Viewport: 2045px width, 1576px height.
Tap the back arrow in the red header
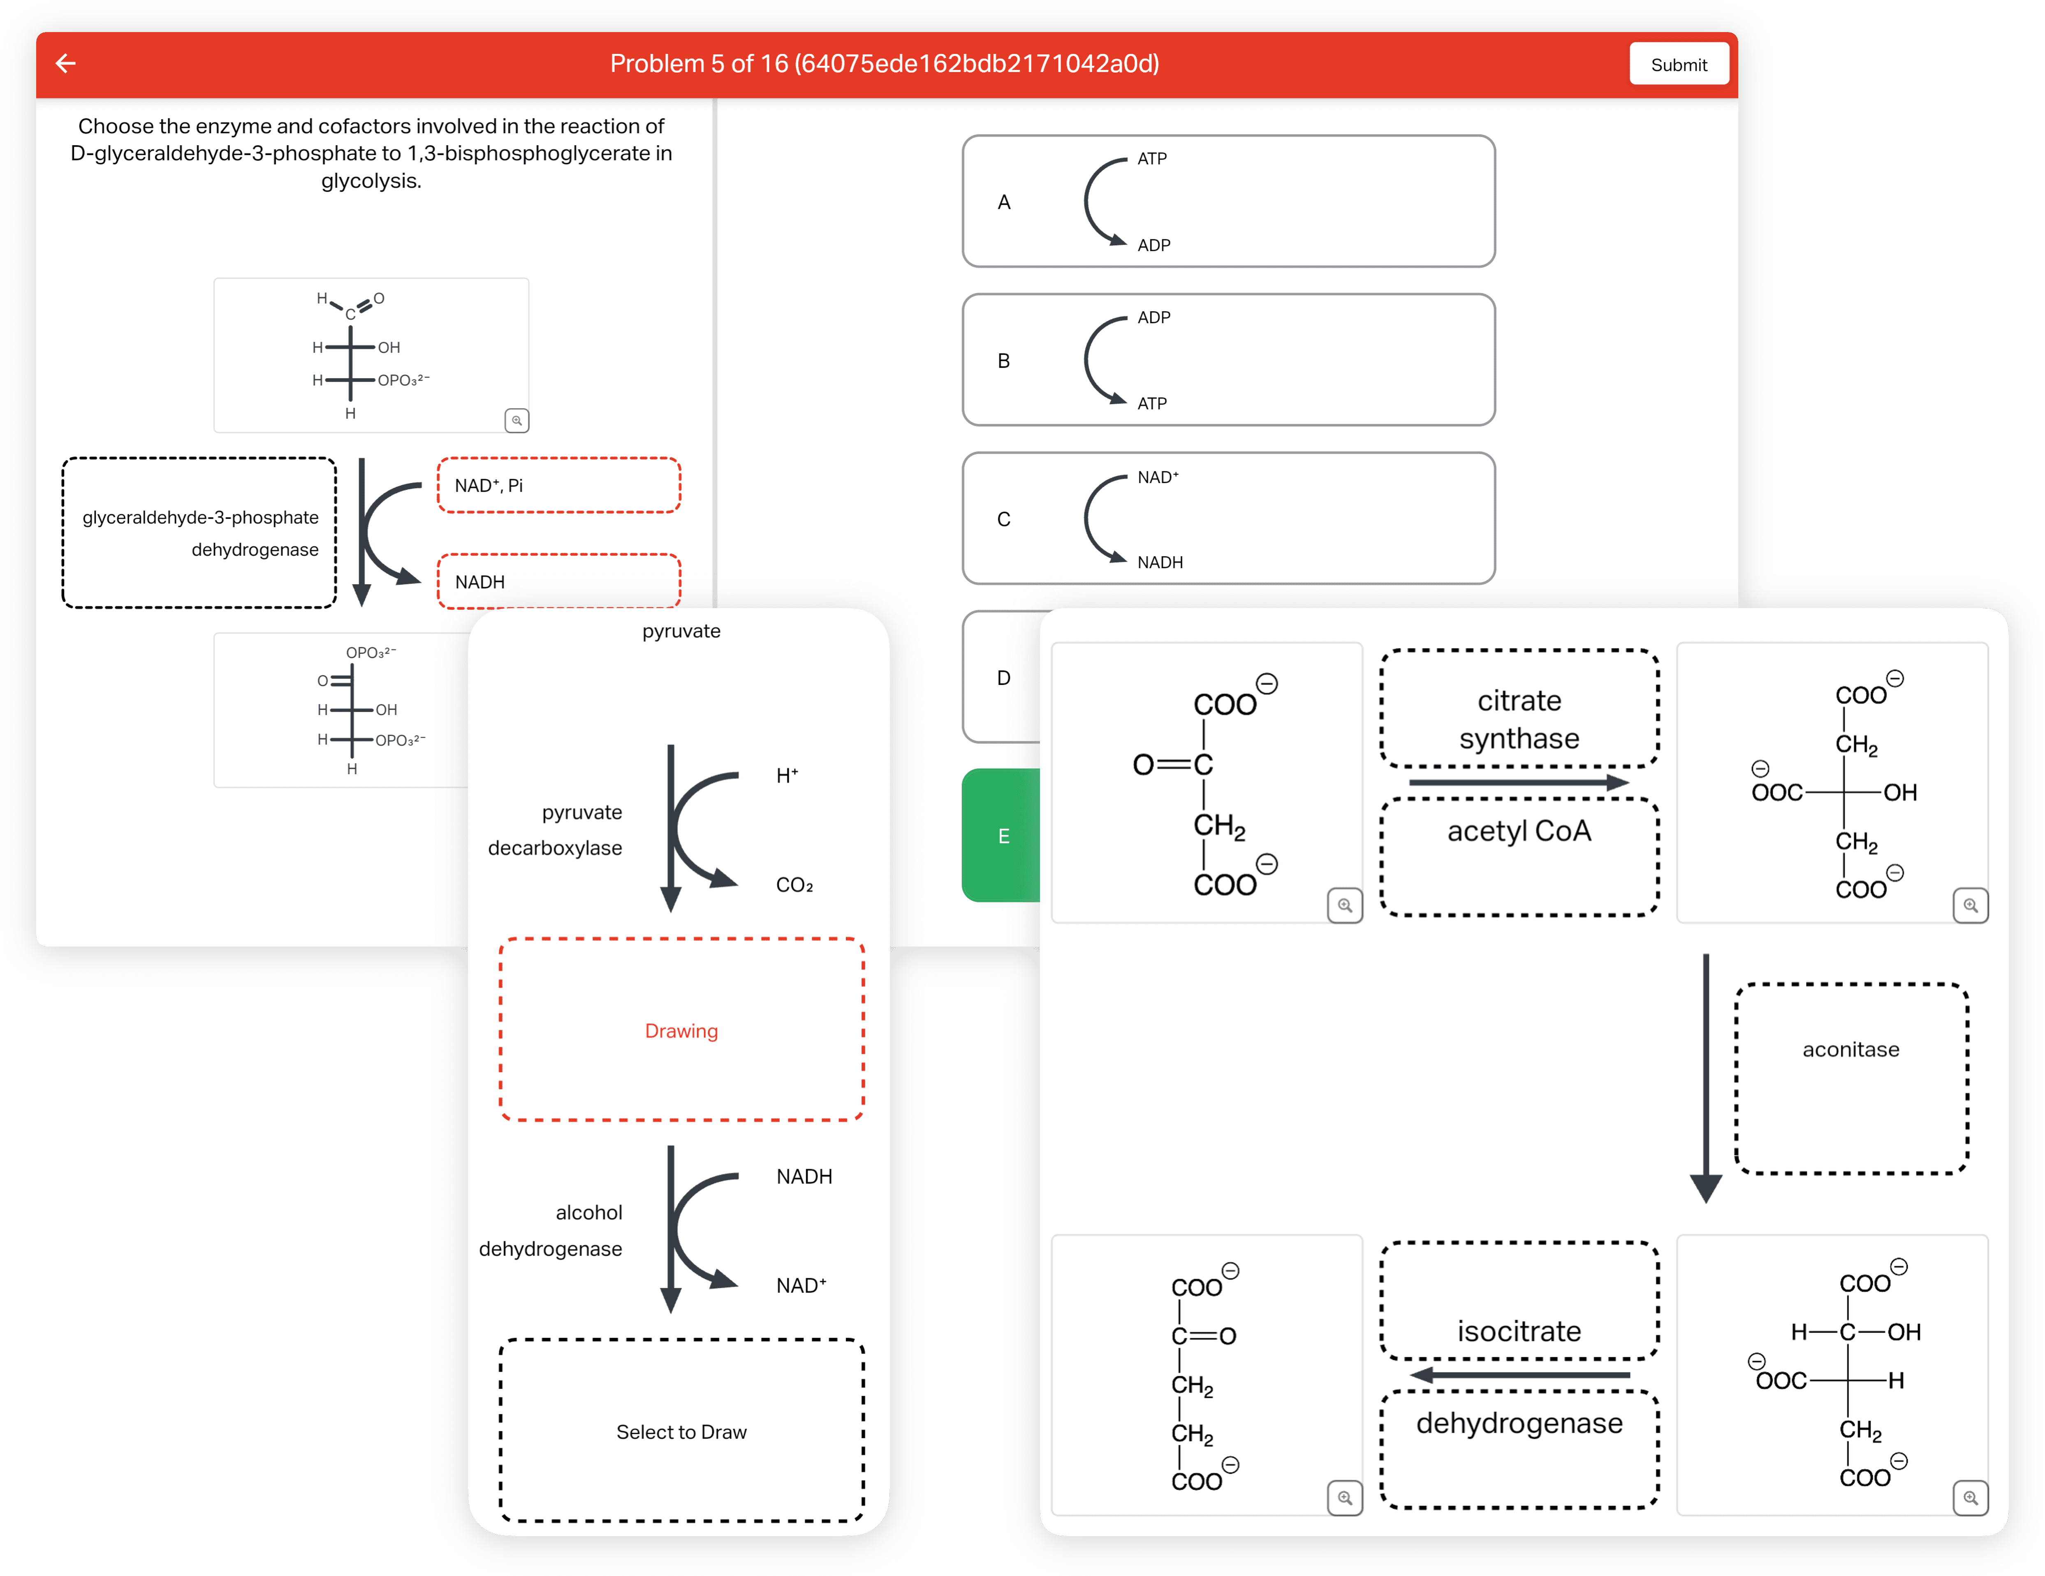65,64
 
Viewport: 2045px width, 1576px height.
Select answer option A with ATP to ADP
1228,201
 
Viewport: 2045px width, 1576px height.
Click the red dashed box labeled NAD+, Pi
559,485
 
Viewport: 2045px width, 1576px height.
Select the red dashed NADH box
559,581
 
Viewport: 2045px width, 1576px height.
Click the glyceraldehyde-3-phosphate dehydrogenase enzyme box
199,533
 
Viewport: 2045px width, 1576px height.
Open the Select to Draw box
682,1431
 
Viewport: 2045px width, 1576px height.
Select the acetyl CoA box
1519,856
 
